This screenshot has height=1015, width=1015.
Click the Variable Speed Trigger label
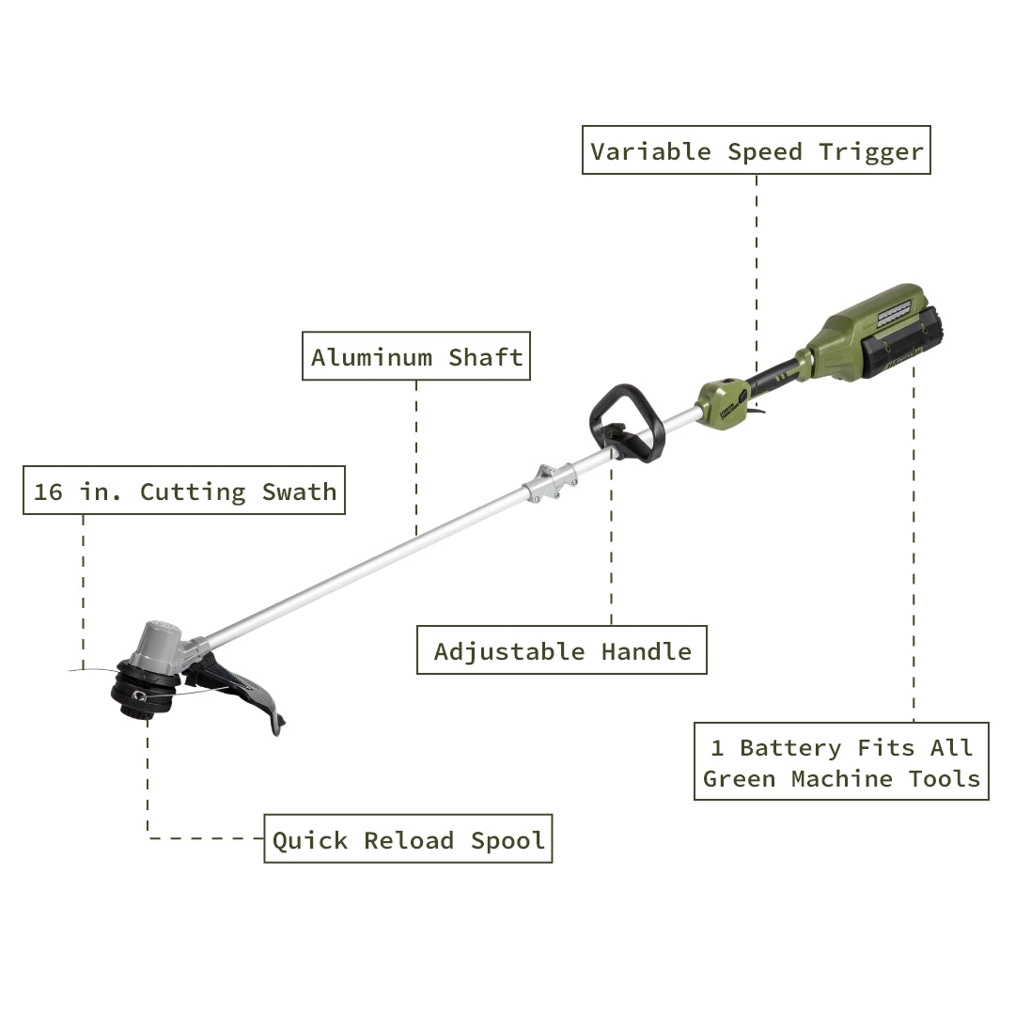pos(757,151)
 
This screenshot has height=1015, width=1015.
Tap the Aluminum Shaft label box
pos(416,357)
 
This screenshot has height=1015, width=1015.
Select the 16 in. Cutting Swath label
pos(184,492)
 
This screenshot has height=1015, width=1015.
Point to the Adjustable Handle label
pos(562,651)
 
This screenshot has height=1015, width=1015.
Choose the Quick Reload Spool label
pos(408,840)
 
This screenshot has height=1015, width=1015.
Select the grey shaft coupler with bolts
pos(550,481)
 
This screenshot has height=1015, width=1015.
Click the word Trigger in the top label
pos(871,151)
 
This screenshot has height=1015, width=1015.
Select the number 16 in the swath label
pos(48,492)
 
